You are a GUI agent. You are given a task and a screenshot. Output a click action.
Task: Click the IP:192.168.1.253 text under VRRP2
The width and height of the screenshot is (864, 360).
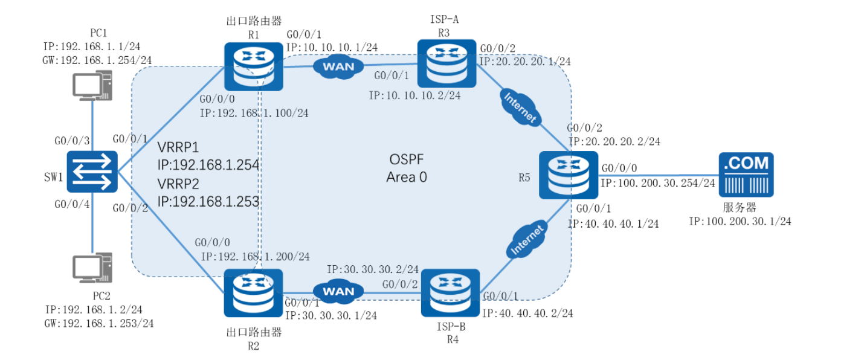(x=208, y=201)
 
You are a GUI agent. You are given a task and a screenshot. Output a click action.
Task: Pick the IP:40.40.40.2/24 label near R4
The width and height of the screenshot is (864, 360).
(x=527, y=313)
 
